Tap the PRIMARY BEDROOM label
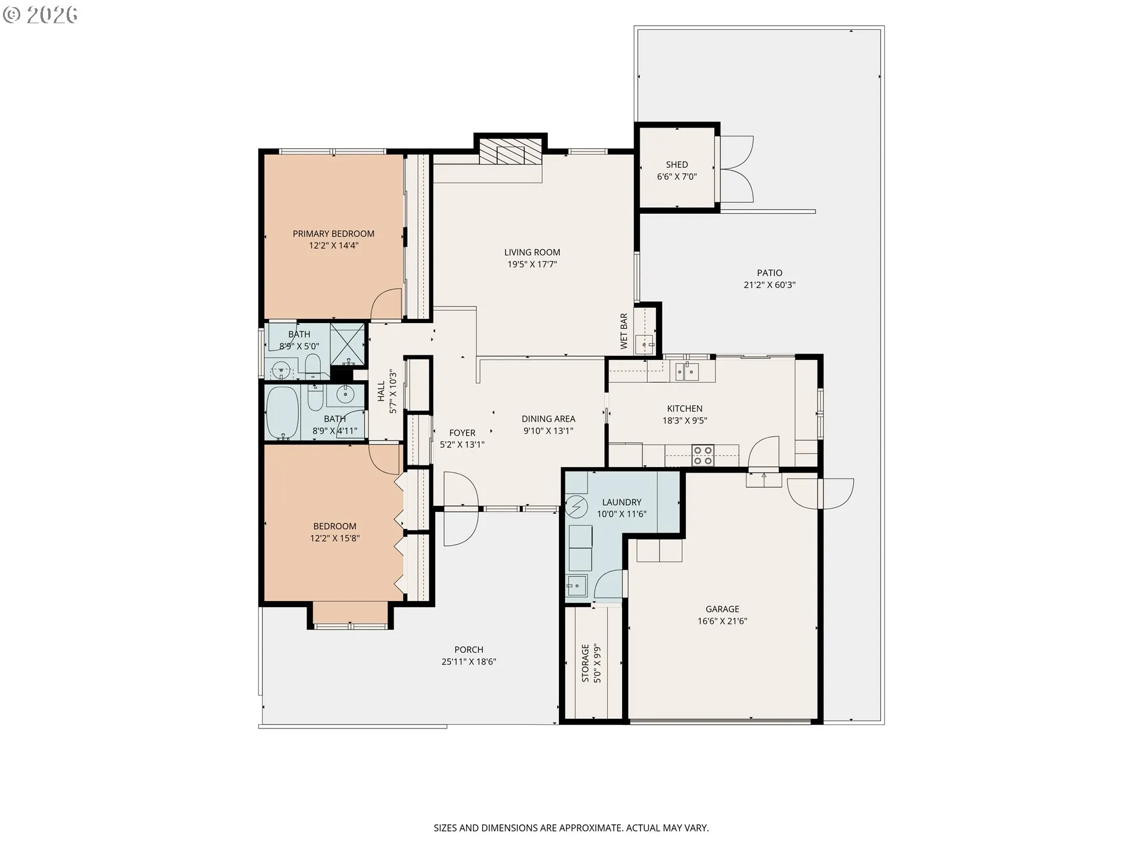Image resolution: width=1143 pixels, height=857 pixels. coord(333,234)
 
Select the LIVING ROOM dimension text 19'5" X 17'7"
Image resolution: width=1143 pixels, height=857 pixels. coord(532,264)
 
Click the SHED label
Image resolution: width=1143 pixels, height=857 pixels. coord(677,165)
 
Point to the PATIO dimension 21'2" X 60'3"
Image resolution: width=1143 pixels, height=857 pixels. coord(770,285)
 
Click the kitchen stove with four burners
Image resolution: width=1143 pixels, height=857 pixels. coord(703,456)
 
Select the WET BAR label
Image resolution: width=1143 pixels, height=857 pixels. coord(624,331)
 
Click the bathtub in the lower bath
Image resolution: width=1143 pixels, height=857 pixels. coord(282,412)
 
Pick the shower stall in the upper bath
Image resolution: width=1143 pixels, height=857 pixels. coord(348,344)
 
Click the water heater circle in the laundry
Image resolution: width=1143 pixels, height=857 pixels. coord(576,506)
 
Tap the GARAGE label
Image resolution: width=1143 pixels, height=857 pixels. coord(723,609)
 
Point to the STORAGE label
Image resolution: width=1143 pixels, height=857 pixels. coord(586,663)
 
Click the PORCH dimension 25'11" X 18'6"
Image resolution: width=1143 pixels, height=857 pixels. coord(469,662)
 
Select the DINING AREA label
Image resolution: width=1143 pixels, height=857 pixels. coord(548,419)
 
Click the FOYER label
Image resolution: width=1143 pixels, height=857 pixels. coord(463,433)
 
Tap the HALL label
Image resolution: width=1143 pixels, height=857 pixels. coord(381,392)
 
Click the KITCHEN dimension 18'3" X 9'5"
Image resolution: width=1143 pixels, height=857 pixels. coord(685,421)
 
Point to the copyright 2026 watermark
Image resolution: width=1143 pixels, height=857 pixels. coord(40,14)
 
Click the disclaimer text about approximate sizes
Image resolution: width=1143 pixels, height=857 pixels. coord(571,828)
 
